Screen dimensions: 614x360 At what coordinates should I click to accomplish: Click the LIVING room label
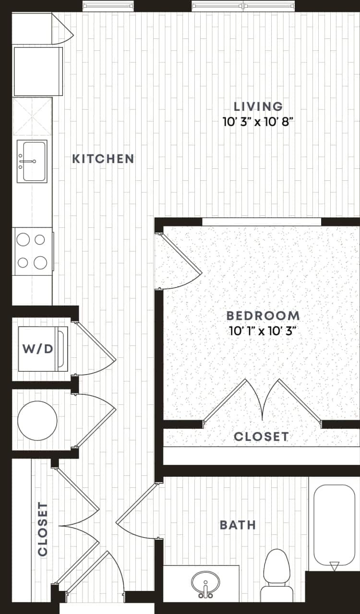click(x=258, y=106)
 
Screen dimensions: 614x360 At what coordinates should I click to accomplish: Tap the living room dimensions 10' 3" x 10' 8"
click(x=258, y=121)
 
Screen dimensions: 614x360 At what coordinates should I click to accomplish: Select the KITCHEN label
click(x=103, y=159)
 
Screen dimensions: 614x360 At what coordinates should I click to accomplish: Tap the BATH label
click(x=238, y=525)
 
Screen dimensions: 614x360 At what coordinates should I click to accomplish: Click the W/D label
click(x=37, y=349)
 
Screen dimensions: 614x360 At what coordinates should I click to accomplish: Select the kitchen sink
click(x=32, y=162)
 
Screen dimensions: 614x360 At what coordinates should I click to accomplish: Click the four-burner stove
click(x=33, y=251)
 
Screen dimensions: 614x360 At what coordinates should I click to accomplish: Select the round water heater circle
click(x=37, y=421)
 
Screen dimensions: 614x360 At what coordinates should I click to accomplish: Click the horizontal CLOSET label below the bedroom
click(x=261, y=437)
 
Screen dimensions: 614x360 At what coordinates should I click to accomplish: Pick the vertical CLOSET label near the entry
click(x=43, y=529)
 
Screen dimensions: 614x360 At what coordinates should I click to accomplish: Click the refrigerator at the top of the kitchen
click(x=38, y=71)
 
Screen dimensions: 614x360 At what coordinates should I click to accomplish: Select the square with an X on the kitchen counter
click(x=32, y=117)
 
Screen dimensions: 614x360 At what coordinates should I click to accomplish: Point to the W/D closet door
click(x=96, y=343)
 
